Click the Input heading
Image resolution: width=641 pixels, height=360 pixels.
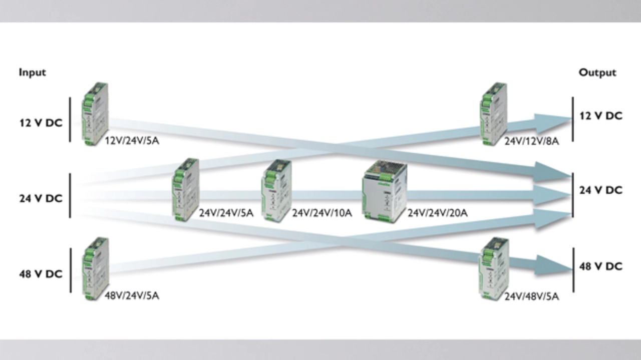coord(32,72)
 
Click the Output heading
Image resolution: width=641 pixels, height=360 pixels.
coord(597,73)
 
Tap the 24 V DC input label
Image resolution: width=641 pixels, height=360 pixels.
coord(41,199)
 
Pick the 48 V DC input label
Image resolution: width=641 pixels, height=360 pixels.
coord(41,274)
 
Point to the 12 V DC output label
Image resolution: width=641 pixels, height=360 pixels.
coord(600,116)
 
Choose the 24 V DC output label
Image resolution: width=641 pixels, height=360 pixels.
coord(600,190)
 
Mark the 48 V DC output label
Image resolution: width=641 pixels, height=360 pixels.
coord(600,266)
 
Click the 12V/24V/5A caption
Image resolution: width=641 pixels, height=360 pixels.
coord(132,141)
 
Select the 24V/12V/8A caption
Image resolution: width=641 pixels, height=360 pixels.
coord(531,141)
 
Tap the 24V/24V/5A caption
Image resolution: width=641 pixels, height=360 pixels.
coord(226,213)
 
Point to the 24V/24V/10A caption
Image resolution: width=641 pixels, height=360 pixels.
coord(322,213)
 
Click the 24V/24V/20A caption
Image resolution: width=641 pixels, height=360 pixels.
coord(437,213)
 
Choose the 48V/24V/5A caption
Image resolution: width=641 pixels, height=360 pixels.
coord(132,296)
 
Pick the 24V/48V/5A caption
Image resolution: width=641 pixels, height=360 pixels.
coord(531,297)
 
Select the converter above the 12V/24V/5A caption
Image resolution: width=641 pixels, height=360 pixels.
coord(95,114)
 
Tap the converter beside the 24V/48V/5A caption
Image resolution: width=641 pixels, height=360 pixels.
coord(494,268)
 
